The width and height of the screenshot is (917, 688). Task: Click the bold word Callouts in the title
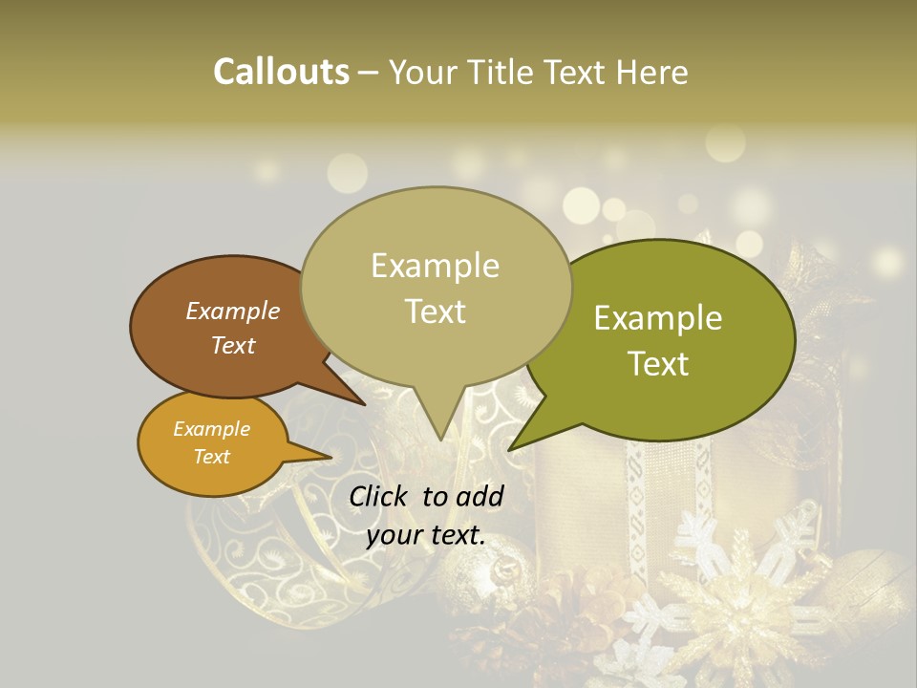281,72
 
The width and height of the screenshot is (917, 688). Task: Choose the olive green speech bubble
669,339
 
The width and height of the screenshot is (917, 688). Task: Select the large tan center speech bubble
436,287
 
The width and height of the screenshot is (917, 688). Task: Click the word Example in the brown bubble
233,311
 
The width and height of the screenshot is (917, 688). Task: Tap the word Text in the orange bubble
212,457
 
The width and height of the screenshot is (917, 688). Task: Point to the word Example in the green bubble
658,318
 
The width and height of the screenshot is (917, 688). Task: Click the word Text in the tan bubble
436,312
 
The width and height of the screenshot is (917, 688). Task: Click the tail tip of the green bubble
511,448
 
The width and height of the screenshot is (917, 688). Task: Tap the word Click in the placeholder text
381,496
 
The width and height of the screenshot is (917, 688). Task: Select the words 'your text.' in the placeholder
426,535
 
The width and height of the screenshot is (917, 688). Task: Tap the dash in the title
370,72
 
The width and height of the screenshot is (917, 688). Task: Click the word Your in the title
421,72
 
